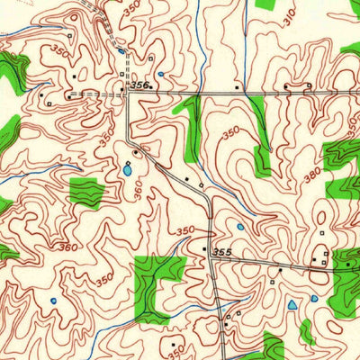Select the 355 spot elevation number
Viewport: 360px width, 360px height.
click(223, 255)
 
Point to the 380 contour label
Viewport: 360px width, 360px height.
click(311, 175)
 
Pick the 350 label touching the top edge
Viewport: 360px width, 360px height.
click(132, 8)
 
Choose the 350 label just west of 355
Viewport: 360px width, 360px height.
click(185, 231)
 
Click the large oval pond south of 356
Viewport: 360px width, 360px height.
click(128, 168)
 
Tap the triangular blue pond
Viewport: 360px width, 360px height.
click(292, 308)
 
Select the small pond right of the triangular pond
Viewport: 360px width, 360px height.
click(314, 298)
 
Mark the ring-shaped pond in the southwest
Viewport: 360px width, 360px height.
click(55, 301)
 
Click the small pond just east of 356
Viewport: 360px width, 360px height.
click(160, 75)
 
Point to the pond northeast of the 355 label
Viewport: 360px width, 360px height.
click(240, 227)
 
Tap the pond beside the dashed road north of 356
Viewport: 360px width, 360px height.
click(121, 51)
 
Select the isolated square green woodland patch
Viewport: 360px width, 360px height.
click(86, 193)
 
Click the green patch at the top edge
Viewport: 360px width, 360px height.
click(266, 4)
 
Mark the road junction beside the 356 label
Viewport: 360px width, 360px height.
click(128, 93)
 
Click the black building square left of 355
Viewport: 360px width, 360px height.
click(204, 248)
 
